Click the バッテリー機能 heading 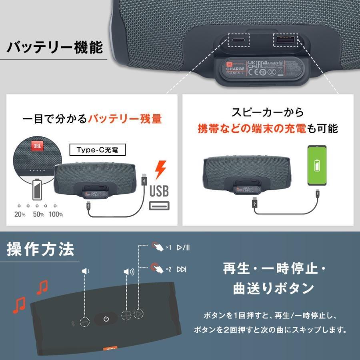click(x=55, y=48)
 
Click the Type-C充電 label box click(x=98, y=150)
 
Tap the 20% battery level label click(x=20, y=214)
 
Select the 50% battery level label click(x=38, y=214)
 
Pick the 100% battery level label click(x=56, y=214)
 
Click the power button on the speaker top click(x=106, y=319)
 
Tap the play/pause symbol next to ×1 click(x=183, y=248)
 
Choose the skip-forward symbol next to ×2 click(x=182, y=269)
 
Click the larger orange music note click(x=18, y=305)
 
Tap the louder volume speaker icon click(x=129, y=272)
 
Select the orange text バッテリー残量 click(x=125, y=119)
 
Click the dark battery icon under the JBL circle click(x=36, y=190)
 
